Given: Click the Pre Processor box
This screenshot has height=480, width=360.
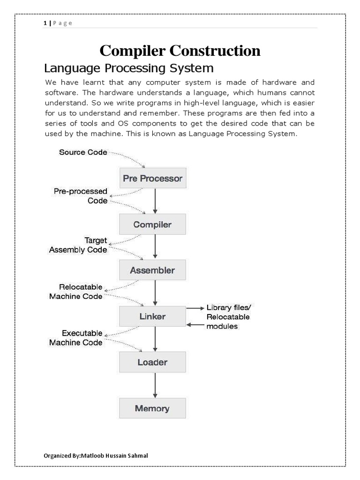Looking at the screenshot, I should [x=152, y=179].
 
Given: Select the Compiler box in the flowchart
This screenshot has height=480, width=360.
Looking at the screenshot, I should [x=152, y=225].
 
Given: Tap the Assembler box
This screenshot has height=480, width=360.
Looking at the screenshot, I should [x=152, y=270].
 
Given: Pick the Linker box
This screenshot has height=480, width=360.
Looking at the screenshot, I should [x=152, y=316].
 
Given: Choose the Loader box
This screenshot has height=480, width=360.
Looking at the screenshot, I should [x=152, y=362].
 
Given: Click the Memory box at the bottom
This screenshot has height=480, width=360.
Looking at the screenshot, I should [x=152, y=408].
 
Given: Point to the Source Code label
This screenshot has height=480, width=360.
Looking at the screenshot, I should [x=82, y=152].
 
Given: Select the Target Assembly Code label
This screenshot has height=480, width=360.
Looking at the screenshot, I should [x=78, y=245].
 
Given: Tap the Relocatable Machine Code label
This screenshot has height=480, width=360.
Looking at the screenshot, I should [x=76, y=292].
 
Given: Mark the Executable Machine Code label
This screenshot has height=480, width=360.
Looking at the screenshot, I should [x=76, y=338].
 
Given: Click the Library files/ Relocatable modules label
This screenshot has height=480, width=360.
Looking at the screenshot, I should [x=228, y=316].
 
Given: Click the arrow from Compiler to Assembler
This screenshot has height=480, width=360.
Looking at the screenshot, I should [x=154, y=247].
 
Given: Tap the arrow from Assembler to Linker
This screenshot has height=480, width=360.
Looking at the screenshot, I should [x=154, y=293].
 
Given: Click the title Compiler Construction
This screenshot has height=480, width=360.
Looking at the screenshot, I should [x=180, y=51].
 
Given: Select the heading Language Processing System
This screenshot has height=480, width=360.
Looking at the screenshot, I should [x=128, y=68].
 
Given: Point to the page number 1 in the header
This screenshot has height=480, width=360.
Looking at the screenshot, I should [x=45, y=23].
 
